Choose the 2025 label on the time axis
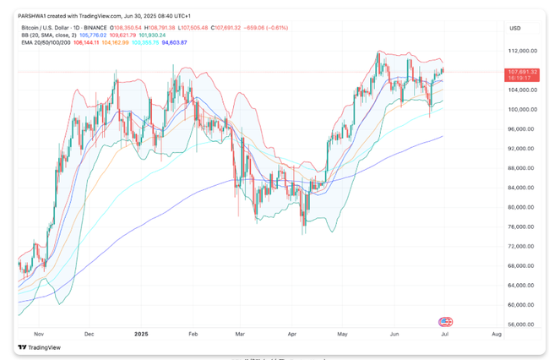tap(142, 335)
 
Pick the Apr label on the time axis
tap(292, 335)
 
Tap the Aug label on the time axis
tap(496, 335)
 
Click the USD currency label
tap(514, 28)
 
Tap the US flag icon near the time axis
tap(444, 322)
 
